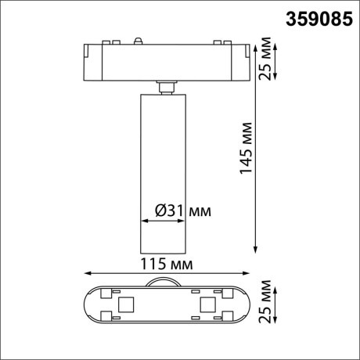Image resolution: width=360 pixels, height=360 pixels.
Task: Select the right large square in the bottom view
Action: tap(207, 304)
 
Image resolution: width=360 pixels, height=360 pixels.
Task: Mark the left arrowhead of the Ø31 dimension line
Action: tap(141, 221)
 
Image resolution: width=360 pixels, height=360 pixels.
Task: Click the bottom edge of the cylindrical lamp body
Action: tap(164, 250)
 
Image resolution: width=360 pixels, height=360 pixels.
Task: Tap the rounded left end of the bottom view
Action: tap(88, 304)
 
